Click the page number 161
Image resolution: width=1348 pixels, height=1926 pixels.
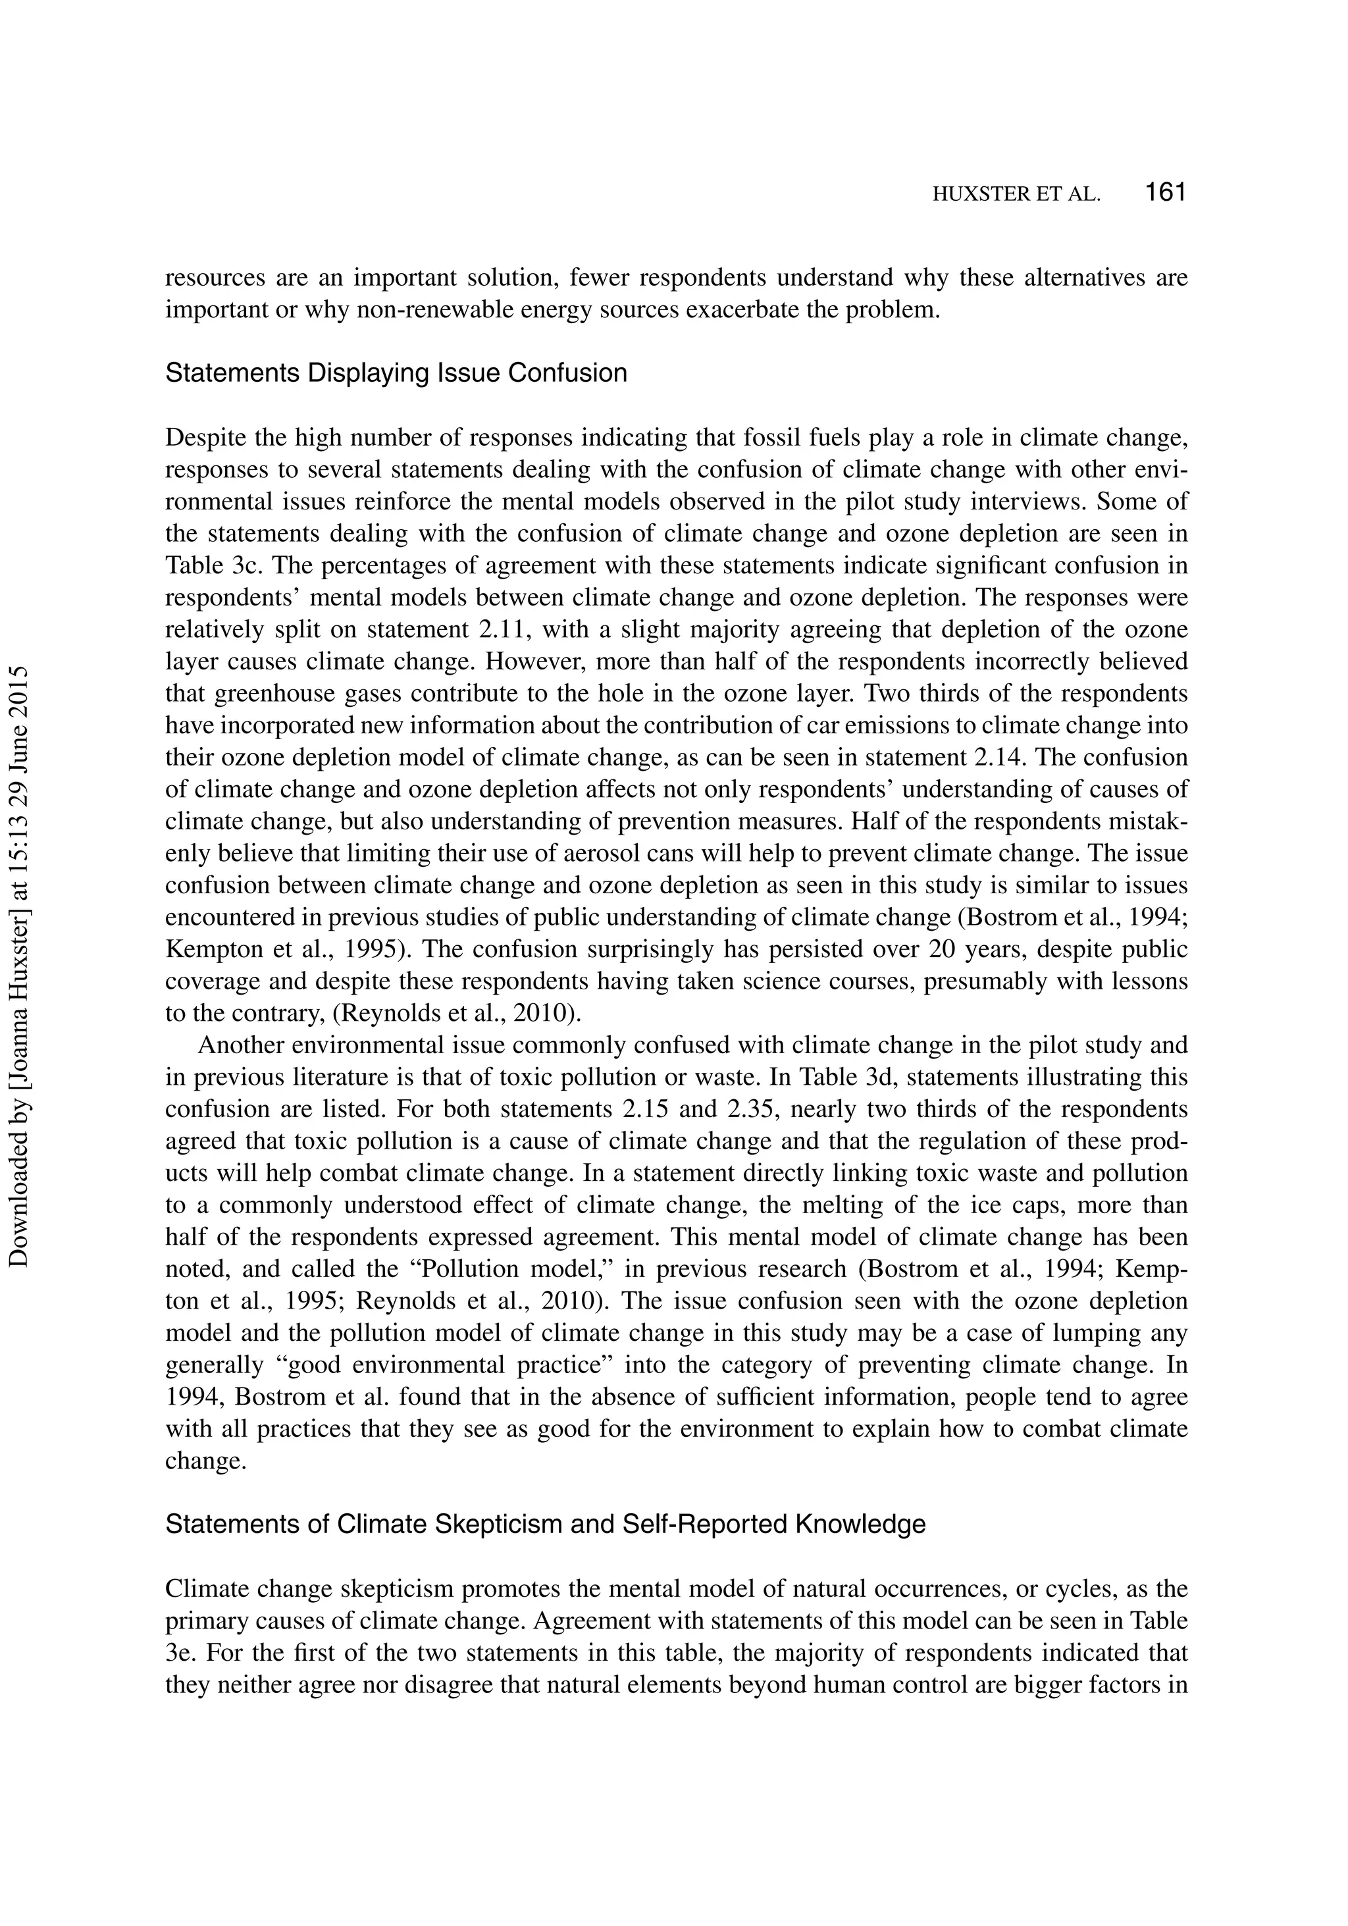[1164, 193]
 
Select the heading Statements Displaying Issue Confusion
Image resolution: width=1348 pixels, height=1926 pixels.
[396, 373]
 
